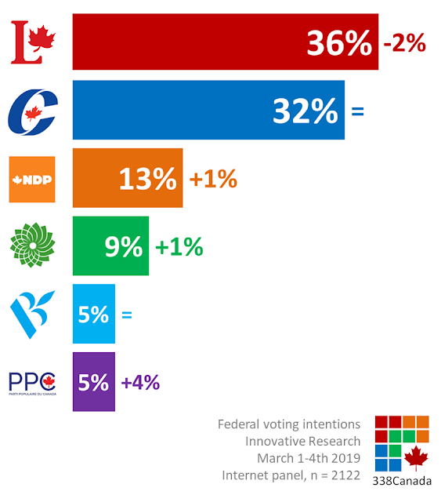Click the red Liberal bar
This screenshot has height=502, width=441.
(x=226, y=42)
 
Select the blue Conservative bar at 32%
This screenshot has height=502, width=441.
(x=208, y=110)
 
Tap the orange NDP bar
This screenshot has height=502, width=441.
(x=128, y=178)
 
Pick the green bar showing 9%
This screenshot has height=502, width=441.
(x=110, y=246)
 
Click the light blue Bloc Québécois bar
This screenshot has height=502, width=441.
(x=94, y=314)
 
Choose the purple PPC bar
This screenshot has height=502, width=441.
(x=94, y=382)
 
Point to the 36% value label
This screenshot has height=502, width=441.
(x=339, y=43)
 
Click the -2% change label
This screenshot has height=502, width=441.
(x=404, y=42)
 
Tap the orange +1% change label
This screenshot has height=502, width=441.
(x=213, y=178)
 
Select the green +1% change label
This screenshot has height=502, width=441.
(x=179, y=246)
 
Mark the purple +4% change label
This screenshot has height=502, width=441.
(x=140, y=382)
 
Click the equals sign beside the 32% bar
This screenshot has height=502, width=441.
(x=357, y=111)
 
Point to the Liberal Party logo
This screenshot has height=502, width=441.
(x=33, y=42)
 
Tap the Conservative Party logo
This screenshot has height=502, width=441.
(x=33, y=111)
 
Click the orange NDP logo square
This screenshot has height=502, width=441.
(x=32, y=180)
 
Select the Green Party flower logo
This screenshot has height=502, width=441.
(x=32, y=246)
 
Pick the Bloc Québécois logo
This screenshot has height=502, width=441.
(x=32, y=315)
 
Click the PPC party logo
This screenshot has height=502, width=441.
(x=32, y=384)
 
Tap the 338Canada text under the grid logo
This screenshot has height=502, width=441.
(x=402, y=481)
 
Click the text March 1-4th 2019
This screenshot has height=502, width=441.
(x=309, y=458)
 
